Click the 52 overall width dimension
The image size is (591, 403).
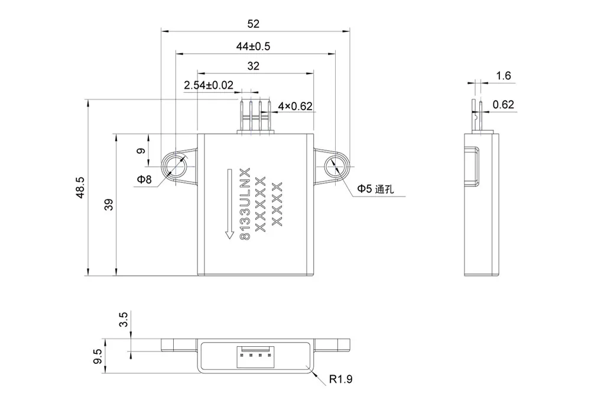(x=253, y=24)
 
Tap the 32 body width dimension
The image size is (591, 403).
(x=253, y=66)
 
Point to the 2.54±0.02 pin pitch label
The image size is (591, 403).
(x=208, y=85)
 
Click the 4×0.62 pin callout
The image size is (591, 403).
(x=294, y=107)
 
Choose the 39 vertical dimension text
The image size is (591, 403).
(x=108, y=204)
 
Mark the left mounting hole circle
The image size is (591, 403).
(x=176, y=165)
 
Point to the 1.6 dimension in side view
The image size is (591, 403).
(x=504, y=76)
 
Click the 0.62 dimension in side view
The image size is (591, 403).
(x=504, y=105)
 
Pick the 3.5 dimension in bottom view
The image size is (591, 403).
(x=124, y=320)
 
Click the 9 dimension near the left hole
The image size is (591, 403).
(x=141, y=150)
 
